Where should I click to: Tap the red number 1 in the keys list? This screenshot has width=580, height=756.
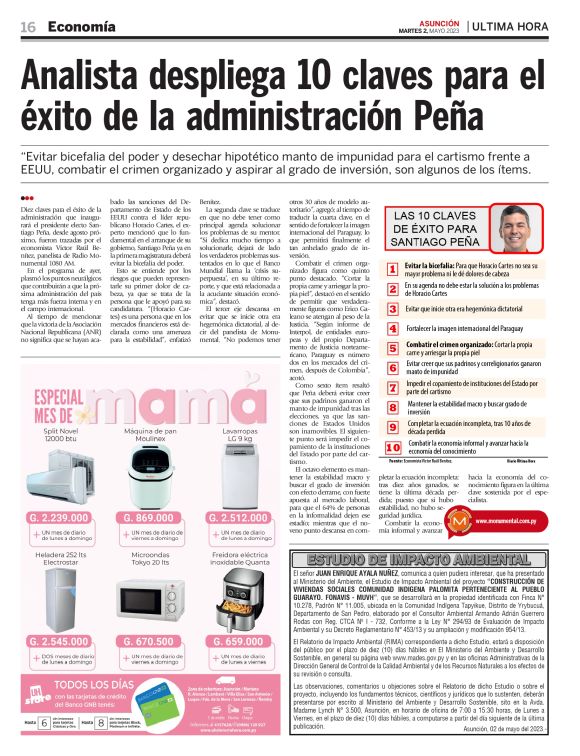pos(392,268)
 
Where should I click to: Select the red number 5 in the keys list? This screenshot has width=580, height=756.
pos(392,346)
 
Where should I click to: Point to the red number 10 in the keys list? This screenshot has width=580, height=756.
pos(392,446)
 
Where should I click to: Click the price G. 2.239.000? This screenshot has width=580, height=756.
pos(63,518)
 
